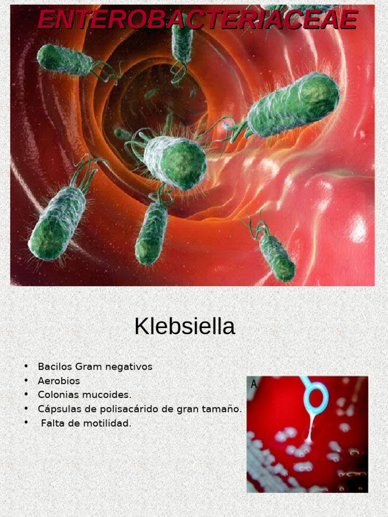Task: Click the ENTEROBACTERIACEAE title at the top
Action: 197,20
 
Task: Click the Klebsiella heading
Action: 184,327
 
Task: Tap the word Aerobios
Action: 59,381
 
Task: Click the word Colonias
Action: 60,395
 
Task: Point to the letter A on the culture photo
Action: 253,384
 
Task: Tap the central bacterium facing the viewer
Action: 175,161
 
